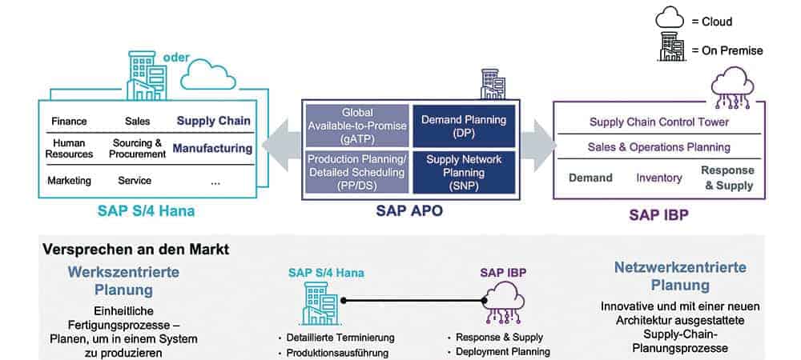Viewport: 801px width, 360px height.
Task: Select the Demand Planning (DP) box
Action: click(464, 126)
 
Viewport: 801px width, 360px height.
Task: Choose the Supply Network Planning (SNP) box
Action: click(464, 172)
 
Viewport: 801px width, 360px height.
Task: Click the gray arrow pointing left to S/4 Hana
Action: click(282, 147)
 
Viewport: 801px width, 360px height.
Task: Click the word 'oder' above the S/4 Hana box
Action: click(176, 58)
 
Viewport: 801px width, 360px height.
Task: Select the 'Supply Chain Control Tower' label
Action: click(659, 122)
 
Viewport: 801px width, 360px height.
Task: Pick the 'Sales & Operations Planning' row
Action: click(659, 147)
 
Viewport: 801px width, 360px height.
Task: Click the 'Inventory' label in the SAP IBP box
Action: click(659, 178)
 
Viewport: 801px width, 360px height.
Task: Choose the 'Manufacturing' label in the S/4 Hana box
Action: click(212, 148)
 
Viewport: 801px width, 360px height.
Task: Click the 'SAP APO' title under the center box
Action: click(409, 211)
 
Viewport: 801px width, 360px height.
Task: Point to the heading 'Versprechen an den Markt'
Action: click(136, 250)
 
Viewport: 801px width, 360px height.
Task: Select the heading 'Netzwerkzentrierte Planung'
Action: click(680, 276)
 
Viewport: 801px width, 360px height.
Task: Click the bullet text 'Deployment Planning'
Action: click(503, 351)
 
